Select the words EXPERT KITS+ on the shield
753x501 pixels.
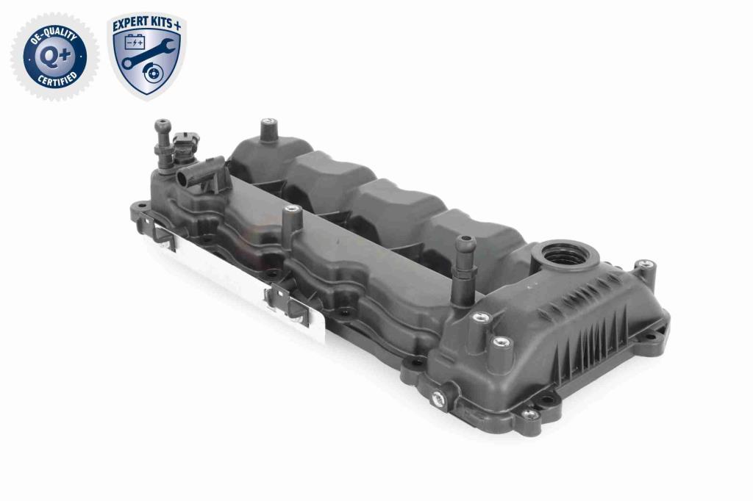coord(146,25)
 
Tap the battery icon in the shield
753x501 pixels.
coord(135,43)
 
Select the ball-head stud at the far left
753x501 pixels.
coord(163,143)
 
